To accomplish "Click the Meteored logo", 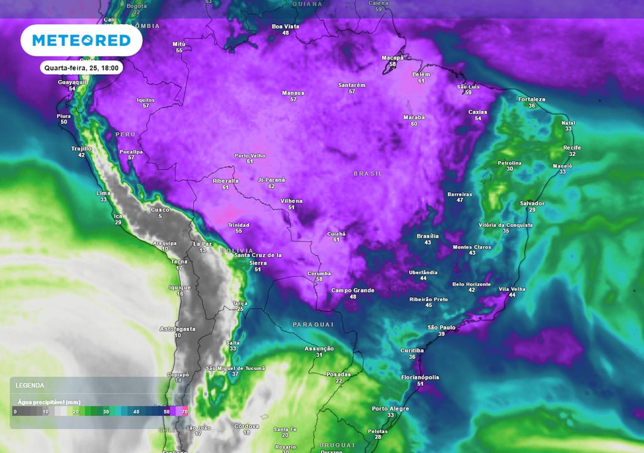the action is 81,41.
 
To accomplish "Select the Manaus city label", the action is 293,93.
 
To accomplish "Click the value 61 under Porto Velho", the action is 250,162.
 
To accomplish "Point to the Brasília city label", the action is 428,236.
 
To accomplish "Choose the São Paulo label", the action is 441,328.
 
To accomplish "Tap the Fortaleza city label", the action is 531,99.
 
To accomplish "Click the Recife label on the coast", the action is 572,147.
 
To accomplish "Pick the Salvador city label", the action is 532,203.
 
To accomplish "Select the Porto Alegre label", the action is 390,409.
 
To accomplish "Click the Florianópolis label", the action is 419,377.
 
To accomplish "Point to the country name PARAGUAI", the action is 313,324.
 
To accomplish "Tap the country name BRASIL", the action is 368,173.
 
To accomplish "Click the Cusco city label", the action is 160,210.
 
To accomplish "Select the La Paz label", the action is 203,243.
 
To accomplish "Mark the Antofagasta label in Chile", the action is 177,329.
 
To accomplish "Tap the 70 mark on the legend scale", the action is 185,411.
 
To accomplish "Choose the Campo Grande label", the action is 353,290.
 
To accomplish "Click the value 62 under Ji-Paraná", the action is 271,186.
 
